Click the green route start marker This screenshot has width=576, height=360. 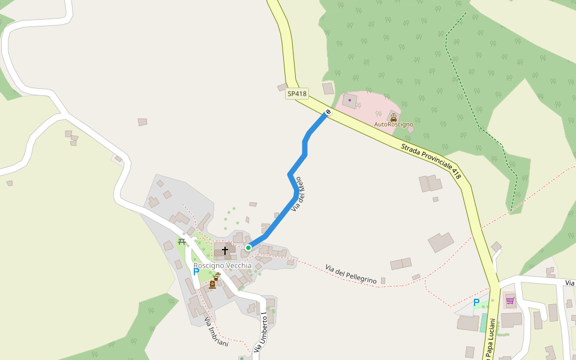tap(248, 247)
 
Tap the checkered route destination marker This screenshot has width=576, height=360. tap(328, 112)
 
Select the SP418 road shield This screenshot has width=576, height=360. tap(296, 94)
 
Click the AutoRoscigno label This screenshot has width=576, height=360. tap(394, 124)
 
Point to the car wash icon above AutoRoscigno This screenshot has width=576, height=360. tap(394, 118)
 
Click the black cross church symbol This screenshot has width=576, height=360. tap(225, 251)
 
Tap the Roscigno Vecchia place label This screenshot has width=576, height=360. tap(222, 265)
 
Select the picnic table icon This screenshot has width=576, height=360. tap(181, 242)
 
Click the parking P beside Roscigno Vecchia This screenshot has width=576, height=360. tap(196, 272)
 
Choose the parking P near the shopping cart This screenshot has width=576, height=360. tap(476, 302)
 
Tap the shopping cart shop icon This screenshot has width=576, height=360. tap(510, 300)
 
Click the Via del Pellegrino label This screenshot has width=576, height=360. tap(351, 274)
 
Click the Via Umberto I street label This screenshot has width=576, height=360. tap(259, 331)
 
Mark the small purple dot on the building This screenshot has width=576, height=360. tap(350, 100)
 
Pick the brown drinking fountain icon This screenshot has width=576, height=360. tap(217, 277)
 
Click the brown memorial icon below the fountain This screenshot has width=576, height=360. tap(212, 284)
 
